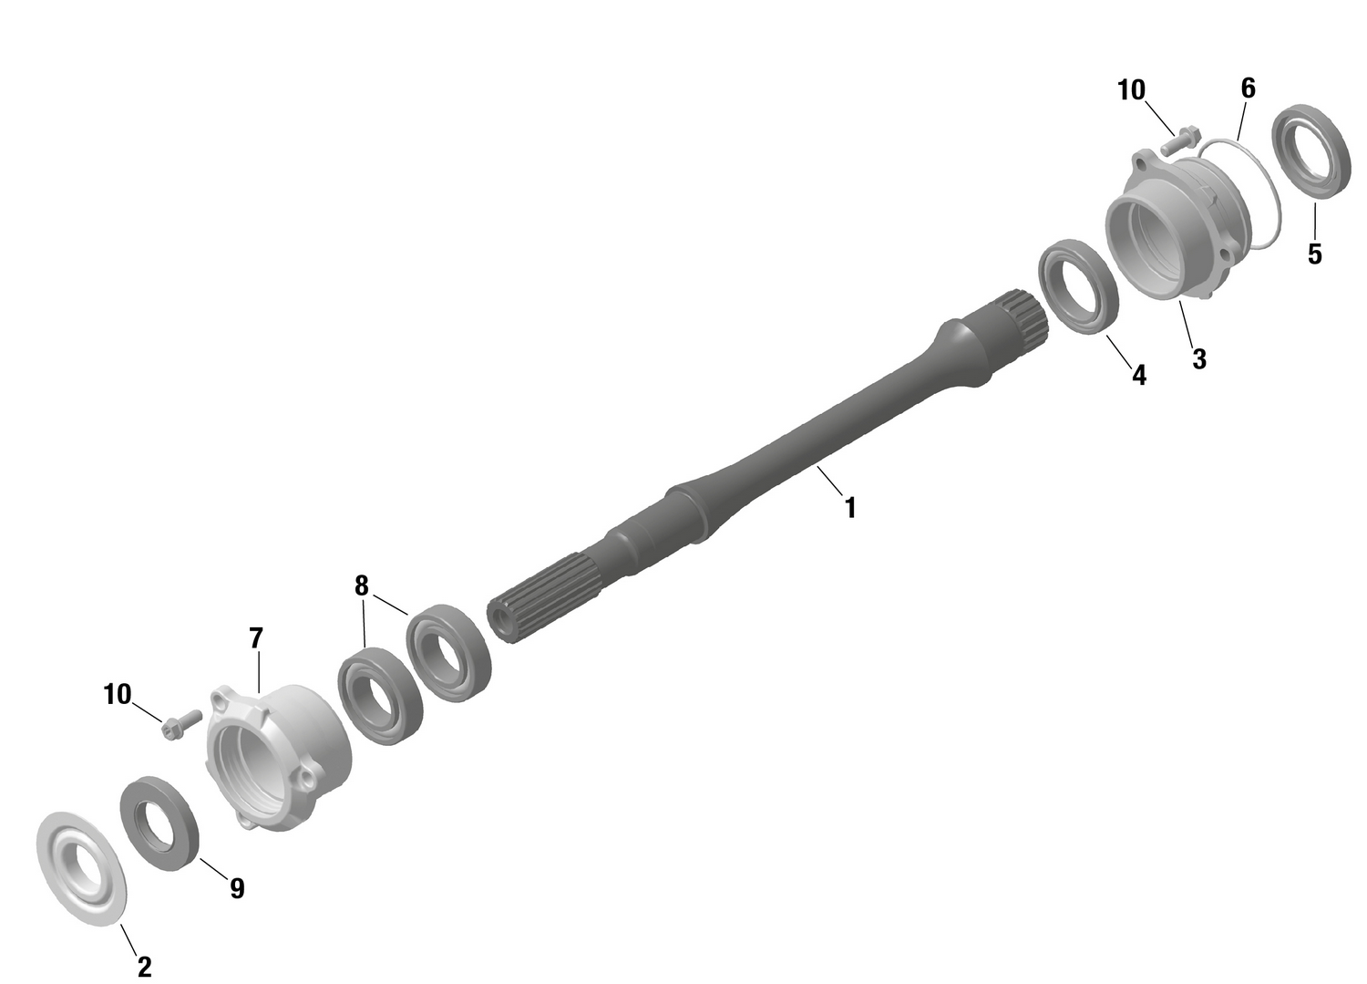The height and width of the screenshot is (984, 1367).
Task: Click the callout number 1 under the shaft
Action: (850, 508)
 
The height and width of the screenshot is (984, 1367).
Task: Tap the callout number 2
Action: (144, 966)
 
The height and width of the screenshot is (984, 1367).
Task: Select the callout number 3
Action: (1199, 359)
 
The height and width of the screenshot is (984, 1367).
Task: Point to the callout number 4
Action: (1139, 374)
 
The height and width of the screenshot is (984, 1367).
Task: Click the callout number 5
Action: (1314, 254)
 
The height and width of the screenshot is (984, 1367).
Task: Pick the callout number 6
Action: (1249, 88)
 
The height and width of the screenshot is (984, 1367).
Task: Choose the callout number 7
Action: (256, 637)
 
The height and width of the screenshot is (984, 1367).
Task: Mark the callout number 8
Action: (362, 585)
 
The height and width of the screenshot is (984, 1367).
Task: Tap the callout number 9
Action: (237, 887)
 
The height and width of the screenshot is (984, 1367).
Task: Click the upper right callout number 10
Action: (1131, 90)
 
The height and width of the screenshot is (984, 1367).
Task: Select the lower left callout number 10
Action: (118, 695)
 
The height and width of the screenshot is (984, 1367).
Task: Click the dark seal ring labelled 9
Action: (161, 823)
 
